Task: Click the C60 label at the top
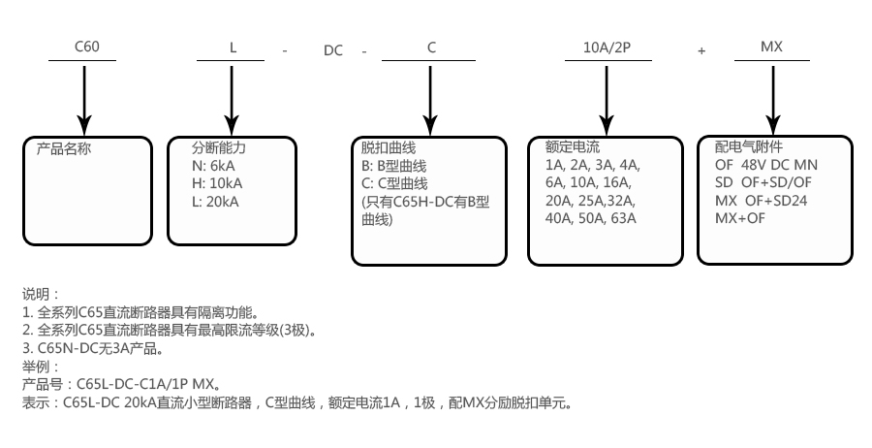(x=87, y=48)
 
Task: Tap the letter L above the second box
(x=233, y=48)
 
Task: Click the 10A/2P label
(x=607, y=48)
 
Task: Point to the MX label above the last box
(x=772, y=48)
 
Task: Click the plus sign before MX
(x=701, y=48)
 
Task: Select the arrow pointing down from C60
(x=84, y=97)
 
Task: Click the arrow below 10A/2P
(x=607, y=97)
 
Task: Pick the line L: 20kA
(x=215, y=202)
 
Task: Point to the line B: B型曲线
(x=393, y=165)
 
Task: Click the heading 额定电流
(x=573, y=148)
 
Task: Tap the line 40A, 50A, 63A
(x=591, y=219)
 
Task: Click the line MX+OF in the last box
(x=740, y=219)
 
